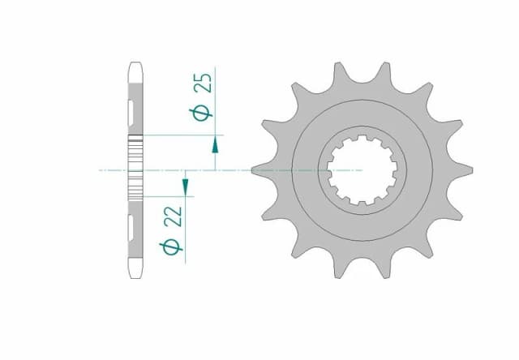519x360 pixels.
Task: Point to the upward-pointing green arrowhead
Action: [215, 145]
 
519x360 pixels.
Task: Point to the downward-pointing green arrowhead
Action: [185, 188]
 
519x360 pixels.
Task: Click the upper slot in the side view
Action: [132, 107]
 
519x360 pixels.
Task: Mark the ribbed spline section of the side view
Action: [135, 166]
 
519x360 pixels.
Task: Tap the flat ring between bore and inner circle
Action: [309, 170]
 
